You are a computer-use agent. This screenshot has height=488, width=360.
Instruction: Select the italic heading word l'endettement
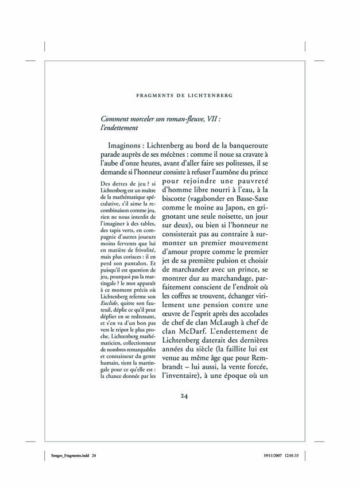click(123, 130)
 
